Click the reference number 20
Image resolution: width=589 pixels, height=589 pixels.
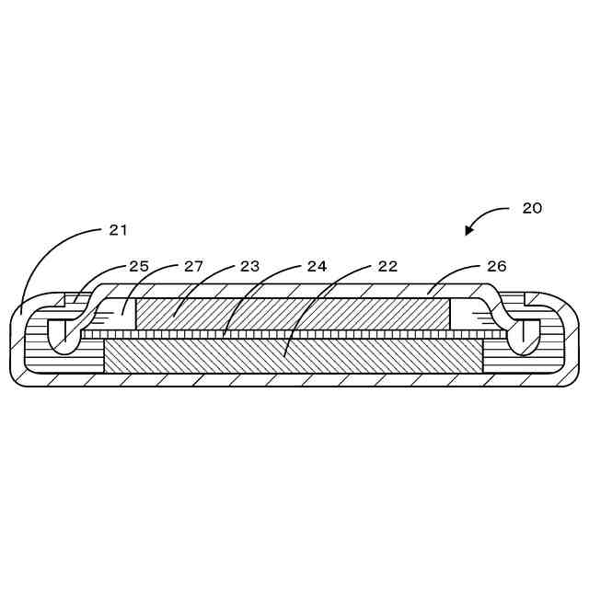532,208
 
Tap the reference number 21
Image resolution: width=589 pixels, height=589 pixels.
118,230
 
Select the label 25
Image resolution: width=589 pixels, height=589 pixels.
139,266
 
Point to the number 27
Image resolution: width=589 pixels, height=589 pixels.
193,266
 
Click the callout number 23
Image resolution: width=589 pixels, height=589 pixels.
249,266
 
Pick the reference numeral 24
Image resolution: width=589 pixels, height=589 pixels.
317,266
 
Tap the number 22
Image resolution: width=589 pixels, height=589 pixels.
387,266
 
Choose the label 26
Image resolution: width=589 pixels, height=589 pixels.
496,266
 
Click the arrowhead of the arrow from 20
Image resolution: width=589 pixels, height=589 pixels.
469,231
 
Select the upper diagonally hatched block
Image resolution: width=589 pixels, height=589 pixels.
293,314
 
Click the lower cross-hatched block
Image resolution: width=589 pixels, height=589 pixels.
293,355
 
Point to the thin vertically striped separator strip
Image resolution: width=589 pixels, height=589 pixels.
293,335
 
